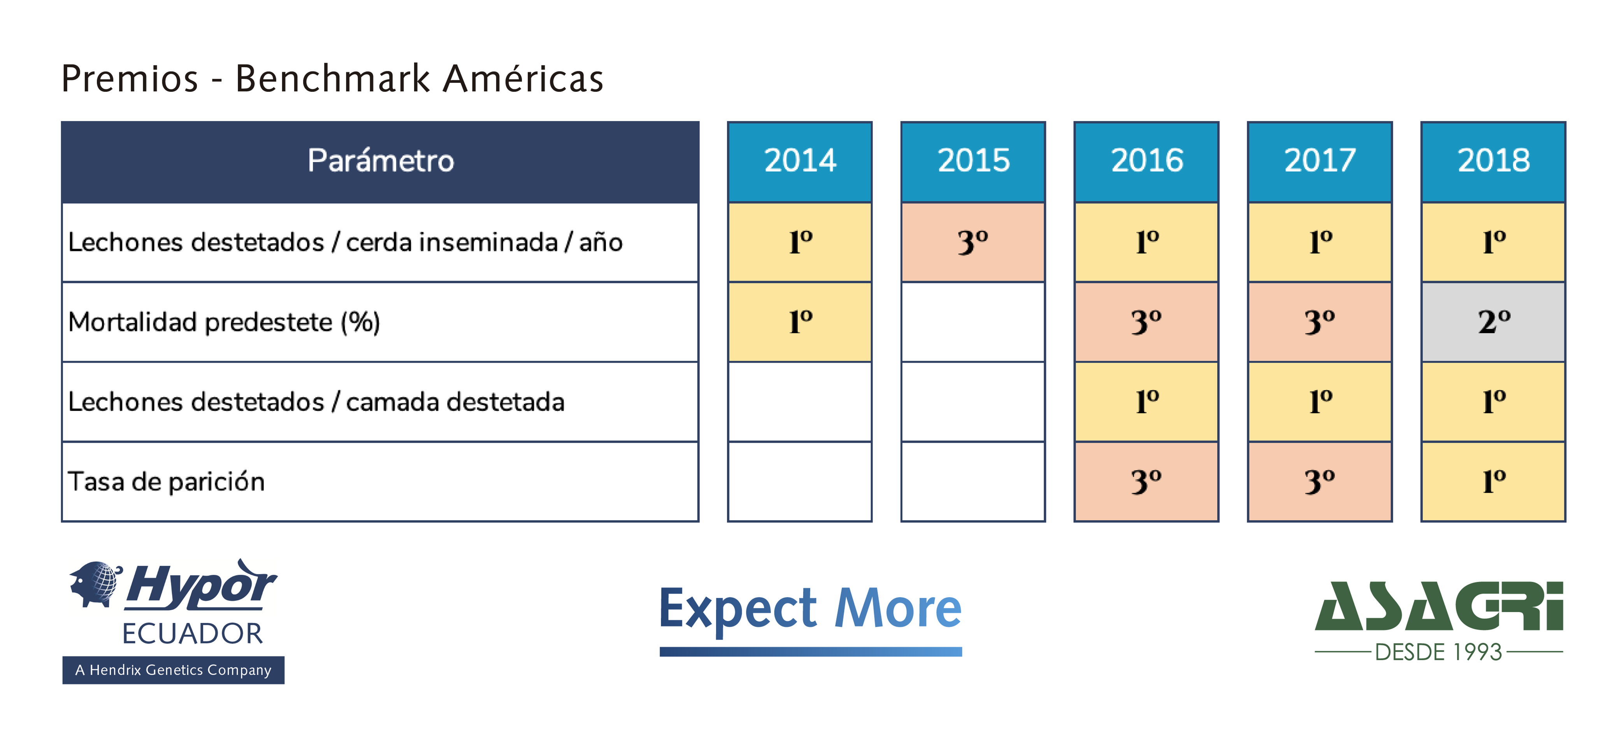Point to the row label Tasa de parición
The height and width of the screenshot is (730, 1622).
click(166, 482)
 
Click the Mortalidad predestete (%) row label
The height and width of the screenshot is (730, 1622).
click(224, 323)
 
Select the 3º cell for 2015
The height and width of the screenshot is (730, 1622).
click(973, 242)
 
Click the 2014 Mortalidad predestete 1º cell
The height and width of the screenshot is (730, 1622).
click(800, 322)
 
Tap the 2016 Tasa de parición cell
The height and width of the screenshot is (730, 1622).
click(1146, 482)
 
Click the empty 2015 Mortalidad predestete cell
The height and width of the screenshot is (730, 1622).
click(973, 322)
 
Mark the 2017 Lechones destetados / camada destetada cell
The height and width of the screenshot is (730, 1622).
click(1320, 402)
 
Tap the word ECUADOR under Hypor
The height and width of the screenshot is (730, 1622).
click(193, 633)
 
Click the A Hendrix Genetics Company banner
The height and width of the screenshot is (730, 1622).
click(173, 670)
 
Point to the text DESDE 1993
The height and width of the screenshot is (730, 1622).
click(1439, 652)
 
